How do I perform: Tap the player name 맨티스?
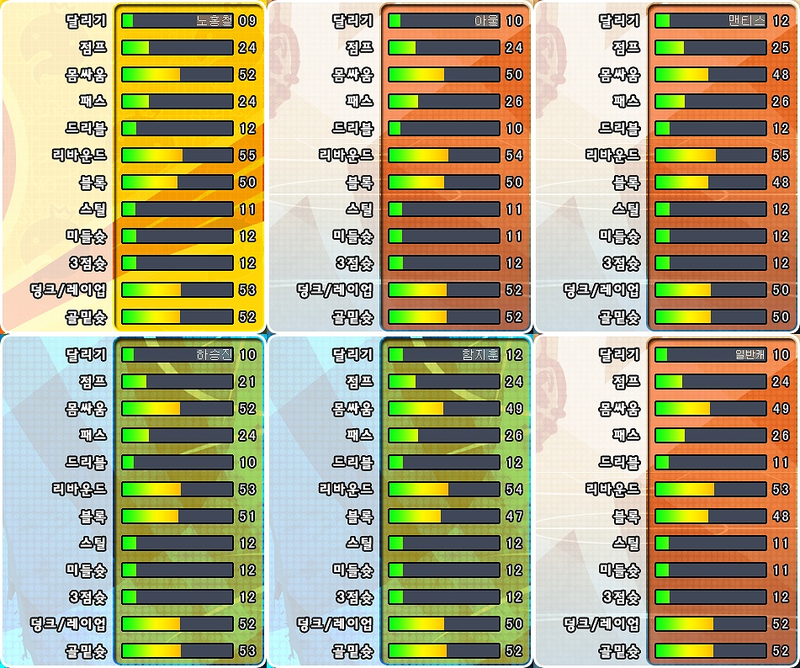tap(746, 21)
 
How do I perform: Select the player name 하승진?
tap(213, 355)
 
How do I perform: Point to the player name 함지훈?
tap(479, 355)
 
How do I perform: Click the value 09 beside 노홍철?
tap(246, 21)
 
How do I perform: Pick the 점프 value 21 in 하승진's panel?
tap(246, 382)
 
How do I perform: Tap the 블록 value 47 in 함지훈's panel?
tap(514, 517)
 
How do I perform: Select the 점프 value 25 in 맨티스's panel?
tap(781, 48)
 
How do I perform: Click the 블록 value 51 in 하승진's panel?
tap(246, 517)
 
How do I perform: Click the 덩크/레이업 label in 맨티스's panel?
tap(601, 290)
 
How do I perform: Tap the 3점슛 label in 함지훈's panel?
tap(354, 597)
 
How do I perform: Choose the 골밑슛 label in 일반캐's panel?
tap(620, 651)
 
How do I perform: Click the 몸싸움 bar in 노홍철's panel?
tap(177, 75)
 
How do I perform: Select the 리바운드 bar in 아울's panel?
tap(443, 156)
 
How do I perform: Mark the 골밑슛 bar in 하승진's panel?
tap(177, 651)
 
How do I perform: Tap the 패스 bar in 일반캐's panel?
tap(710, 436)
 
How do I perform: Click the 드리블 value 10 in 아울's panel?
tap(514, 129)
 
